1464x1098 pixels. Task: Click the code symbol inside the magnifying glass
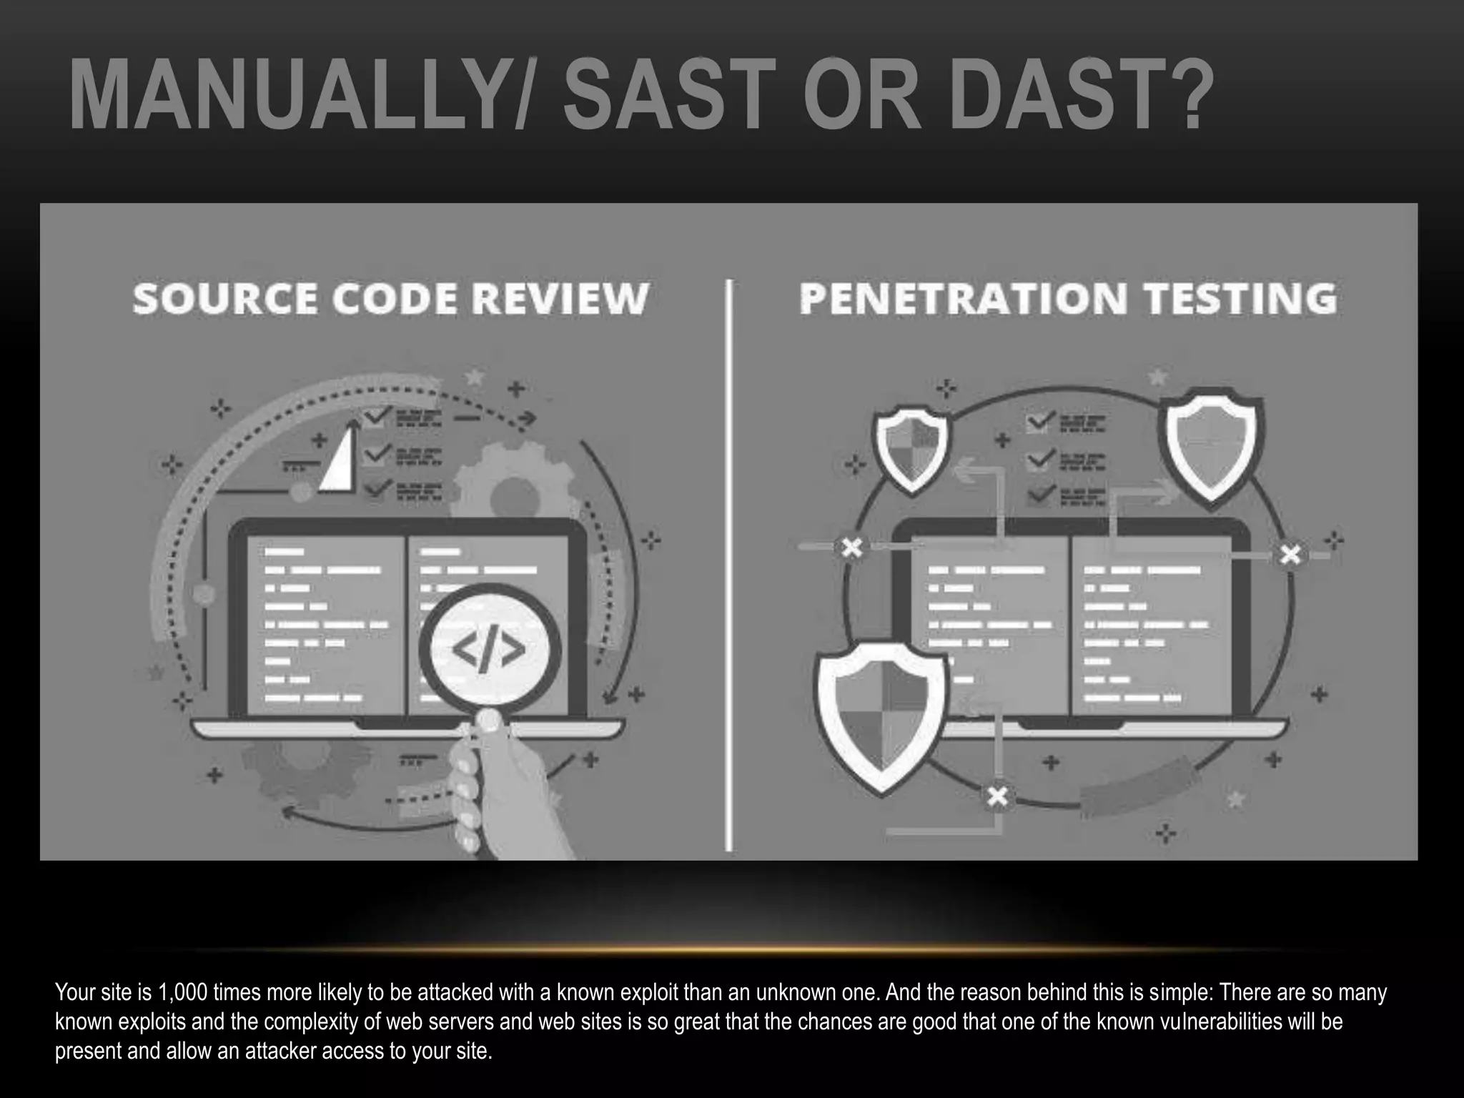489,650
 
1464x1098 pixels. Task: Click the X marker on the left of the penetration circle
851,548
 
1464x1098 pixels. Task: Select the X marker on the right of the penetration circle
1290,554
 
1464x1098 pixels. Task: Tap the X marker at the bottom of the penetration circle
997,796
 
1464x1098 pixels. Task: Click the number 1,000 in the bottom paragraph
182,992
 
